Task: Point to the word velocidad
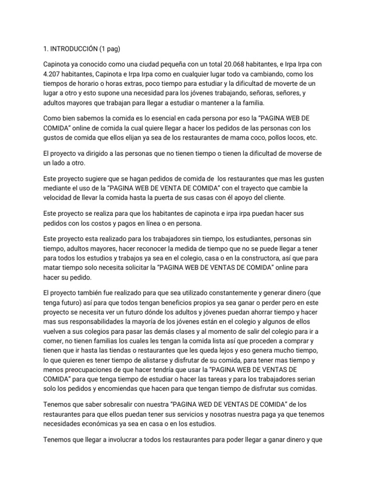pos(59,198)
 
